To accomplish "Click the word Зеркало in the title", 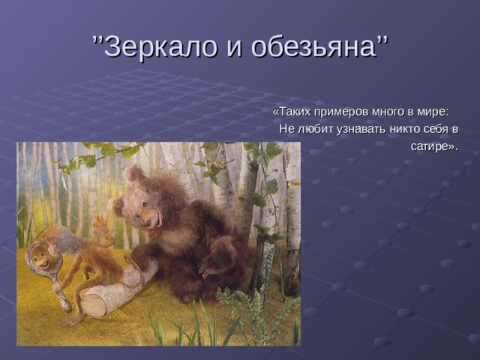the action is click(160, 46).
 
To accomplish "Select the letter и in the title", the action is click(234, 49).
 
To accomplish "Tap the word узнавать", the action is click(361, 130).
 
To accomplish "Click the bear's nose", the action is click(149, 223).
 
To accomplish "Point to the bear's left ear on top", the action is click(133, 173).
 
